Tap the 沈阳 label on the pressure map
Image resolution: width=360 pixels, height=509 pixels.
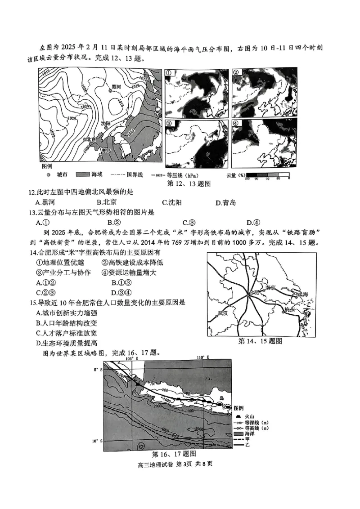(105, 123)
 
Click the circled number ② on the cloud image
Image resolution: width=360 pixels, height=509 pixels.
(237, 73)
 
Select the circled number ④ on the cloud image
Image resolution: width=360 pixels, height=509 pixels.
(237, 123)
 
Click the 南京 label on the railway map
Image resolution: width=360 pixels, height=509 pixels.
(270, 286)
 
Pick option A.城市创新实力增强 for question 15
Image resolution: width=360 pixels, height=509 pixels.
(67, 313)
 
